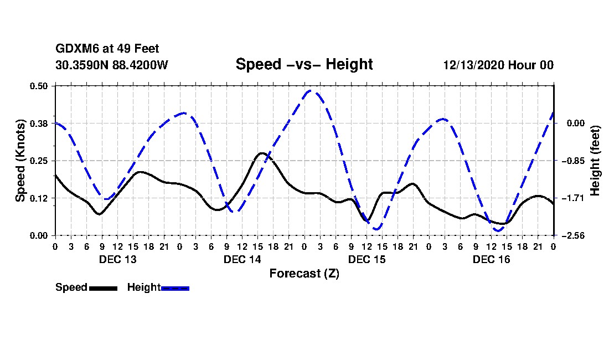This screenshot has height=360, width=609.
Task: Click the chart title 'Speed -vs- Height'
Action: tap(304, 64)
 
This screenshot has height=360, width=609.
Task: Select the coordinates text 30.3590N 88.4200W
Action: tap(111, 65)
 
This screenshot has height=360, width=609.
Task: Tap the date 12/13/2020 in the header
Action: tap(473, 65)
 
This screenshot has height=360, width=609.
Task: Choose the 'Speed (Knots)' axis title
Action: tap(20, 161)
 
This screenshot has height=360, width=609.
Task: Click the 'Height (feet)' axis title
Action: tap(596, 161)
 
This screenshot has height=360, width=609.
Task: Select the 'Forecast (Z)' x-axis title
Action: tap(304, 273)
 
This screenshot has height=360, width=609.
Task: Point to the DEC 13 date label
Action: tap(117, 259)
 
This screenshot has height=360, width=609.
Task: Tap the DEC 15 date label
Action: tap(367, 259)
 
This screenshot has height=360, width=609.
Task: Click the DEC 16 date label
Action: tap(491, 259)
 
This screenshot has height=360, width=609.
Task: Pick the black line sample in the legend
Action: tap(103, 288)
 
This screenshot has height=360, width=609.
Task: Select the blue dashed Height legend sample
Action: tap(175, 288)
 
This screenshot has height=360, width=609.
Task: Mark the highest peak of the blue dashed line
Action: tap(311, 90)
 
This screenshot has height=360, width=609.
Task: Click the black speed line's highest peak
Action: tap(261, 153)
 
